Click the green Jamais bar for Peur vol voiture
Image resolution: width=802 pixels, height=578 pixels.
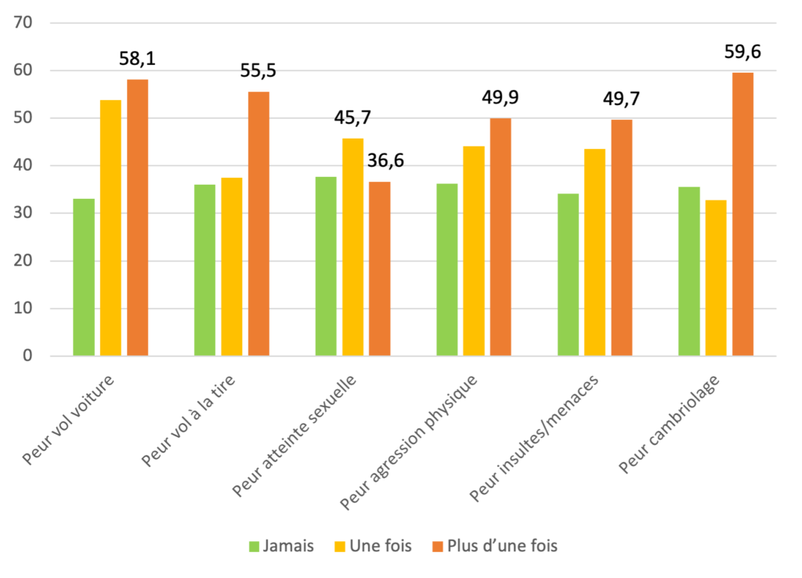point(84,277)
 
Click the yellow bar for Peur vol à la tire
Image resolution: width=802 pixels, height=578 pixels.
point(232,267)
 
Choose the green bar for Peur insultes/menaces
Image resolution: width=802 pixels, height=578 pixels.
point(568,274)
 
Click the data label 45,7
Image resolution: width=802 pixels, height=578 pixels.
point(353,118)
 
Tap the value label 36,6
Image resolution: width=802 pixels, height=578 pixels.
point(385,164)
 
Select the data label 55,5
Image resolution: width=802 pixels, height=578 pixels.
point(258,71)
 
